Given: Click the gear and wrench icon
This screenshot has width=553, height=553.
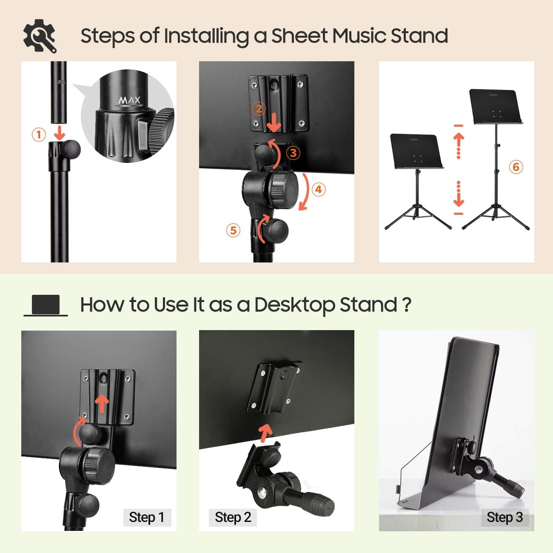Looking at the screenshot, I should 40,36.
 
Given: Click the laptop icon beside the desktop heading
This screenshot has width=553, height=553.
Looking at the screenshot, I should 46,305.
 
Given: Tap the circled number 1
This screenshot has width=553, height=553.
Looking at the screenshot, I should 39,135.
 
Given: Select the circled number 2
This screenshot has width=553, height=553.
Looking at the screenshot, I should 259,109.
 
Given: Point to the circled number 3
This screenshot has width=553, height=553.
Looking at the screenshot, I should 293,153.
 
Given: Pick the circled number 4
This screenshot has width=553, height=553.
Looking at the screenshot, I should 319,189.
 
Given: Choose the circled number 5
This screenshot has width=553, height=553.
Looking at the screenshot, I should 233,230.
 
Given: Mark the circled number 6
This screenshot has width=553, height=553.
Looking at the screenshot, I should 516,167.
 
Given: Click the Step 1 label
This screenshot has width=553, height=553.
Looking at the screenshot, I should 146,517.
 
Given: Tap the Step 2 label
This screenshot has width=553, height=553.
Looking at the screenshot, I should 233,517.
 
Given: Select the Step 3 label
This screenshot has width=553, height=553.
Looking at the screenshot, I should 505,517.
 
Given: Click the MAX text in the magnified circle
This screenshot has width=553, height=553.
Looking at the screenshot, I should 129,101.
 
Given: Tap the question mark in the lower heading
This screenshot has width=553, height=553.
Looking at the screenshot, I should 406,305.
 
